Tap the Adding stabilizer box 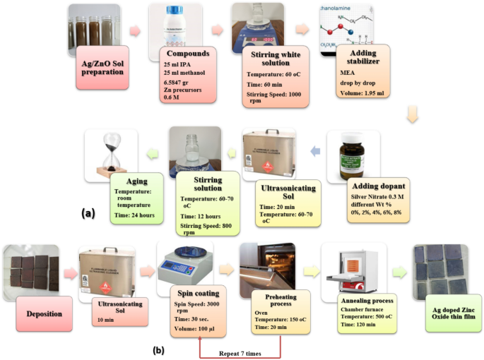pyautogui.click(x=367, y=74)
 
